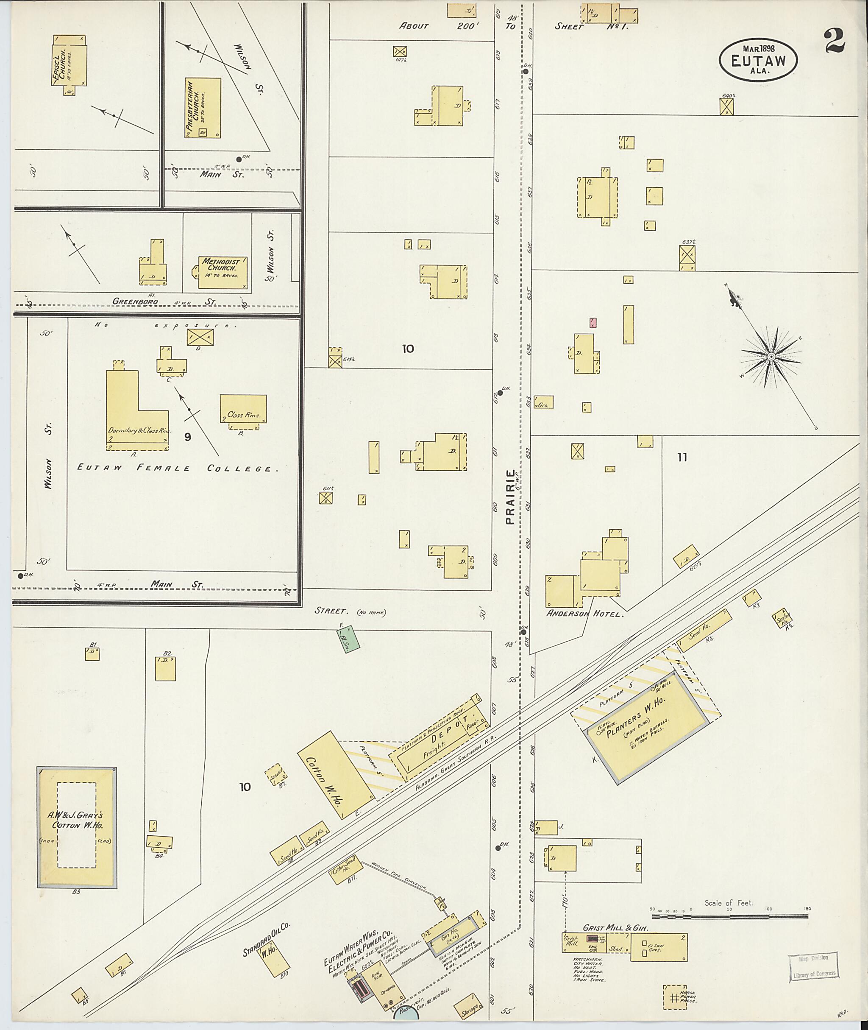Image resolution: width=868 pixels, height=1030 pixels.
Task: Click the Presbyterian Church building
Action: (x=203, y=108)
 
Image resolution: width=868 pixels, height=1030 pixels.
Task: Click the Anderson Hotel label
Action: (x=584, y=614)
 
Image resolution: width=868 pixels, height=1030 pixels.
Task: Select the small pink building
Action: (x=594, y=323)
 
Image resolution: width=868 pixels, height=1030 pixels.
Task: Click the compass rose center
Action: (x=771, y=356)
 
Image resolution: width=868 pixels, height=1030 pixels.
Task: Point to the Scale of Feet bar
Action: (x=730, y=916)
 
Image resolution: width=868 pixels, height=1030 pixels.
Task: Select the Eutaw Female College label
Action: (x=178, y=468)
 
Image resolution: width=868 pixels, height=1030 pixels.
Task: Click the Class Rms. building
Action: (x=243, y=409)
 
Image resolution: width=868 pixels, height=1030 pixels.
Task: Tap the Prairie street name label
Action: (x=511, y=497)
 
